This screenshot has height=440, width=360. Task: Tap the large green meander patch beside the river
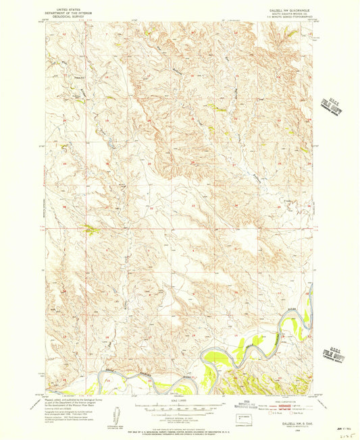pyautogui.click(x=228, y=350)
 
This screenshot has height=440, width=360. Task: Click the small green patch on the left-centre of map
pyautogui.click(x=91, y=230)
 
